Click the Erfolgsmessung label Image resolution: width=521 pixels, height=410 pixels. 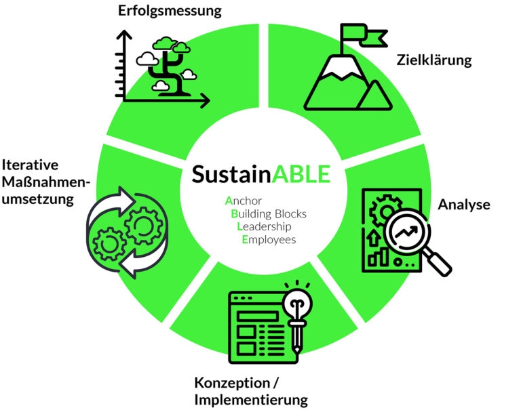170,11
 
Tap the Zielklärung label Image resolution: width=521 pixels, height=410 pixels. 434,60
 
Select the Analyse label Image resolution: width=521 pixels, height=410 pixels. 464,205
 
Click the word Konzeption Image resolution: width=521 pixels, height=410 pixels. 232,383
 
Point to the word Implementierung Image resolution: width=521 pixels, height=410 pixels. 251,400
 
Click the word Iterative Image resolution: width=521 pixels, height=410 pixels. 30,165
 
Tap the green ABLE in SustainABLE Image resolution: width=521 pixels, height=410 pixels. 301,174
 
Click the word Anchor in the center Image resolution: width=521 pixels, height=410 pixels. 244,201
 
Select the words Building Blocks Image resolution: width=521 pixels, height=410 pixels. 269,213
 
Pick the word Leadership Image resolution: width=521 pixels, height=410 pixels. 264,227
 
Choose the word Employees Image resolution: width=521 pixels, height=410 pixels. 269,240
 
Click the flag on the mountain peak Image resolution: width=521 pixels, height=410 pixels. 364,35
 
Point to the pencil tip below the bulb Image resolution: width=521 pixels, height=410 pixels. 296,350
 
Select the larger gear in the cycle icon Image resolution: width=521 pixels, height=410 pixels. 144,226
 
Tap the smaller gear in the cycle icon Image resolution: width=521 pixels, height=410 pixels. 109,244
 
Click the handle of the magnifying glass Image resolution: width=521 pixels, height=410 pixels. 438,263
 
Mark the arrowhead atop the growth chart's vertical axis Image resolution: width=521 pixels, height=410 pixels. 124,35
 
